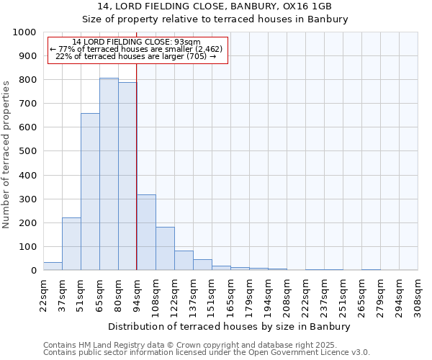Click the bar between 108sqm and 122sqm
click(165, 249)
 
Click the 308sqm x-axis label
click(418, 294)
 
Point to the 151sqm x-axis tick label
click(212, 294)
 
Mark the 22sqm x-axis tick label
click(43, 294)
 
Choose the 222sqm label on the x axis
click(305, 294)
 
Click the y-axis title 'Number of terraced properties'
click(7, 154)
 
